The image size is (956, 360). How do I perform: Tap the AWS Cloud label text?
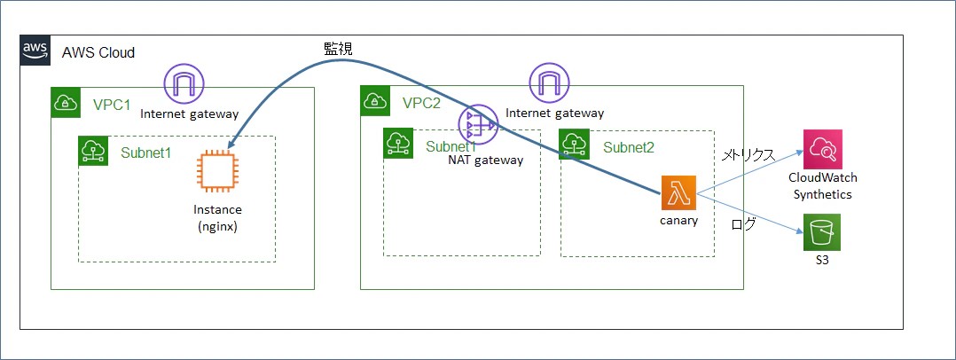(x=98, y=53)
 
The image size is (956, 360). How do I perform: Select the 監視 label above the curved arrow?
(x=338, y=50)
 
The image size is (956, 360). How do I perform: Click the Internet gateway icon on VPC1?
(x=184, y=84)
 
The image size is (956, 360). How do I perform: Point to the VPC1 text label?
(x=112, y=105)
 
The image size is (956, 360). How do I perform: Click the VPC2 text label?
(x=422, y=103)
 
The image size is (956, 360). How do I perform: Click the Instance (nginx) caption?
(x=217, y=218)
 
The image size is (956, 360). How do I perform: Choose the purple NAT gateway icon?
(x=479, y=124)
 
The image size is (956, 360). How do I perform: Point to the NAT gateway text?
(x=485, y=160)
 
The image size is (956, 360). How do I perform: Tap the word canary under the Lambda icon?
(x=678, y=221)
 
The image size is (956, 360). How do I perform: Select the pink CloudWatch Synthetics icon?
(x=822, y=149)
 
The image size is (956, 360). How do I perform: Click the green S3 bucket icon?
(x=822, y=232)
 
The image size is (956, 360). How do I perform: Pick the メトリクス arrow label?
(x=748, y=154)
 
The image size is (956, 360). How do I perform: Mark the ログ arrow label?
(x=743, y=224)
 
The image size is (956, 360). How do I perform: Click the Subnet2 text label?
(x=628, y=147)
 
